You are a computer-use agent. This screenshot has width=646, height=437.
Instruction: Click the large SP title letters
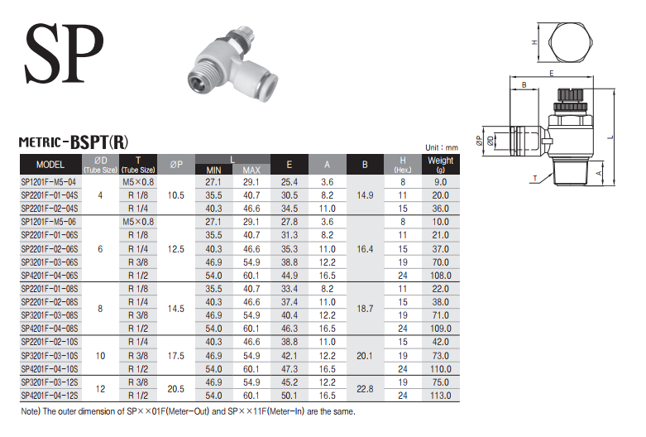click(x=64, y=53)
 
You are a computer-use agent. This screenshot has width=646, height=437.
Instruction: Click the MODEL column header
click(x=50, y=165)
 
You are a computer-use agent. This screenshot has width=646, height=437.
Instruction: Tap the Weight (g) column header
click(x=440, y=164)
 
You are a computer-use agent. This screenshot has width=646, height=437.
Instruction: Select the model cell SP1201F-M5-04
click(x=49, y=182)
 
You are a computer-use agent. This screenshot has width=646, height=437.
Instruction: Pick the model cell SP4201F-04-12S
click(x=50, y=396)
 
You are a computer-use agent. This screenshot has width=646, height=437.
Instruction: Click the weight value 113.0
click(x=440, y=396)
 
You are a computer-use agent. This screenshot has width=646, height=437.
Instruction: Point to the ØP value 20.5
click(x=176, y=389)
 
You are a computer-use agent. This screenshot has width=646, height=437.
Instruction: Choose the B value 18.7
click(x=365, y=309)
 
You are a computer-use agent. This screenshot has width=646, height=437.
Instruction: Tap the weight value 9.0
click(x=440, y=182)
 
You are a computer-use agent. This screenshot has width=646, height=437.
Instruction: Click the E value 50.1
click(x=290, y=396)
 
